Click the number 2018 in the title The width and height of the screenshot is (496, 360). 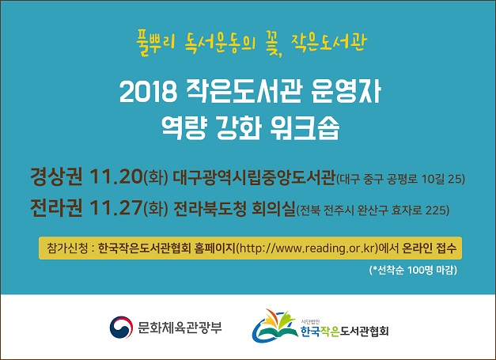[149, 92]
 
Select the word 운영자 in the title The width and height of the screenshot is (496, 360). [346, 92]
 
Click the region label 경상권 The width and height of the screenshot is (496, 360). [56, 176]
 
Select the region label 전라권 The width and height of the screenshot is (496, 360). [56, 207]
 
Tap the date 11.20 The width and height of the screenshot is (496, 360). [116, 176]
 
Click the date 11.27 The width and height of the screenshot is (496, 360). [116, 207]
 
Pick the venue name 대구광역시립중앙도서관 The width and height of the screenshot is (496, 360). [254, 177]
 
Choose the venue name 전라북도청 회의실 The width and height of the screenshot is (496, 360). [234, 208]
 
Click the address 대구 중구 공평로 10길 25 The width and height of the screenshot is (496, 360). [400, 179]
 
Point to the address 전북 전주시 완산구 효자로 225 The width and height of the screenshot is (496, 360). [373, 210]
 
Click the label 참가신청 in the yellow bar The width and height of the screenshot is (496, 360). [67, 248]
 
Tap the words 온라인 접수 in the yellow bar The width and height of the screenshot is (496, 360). [429, 248]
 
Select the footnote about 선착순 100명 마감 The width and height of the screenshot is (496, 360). [413, 270]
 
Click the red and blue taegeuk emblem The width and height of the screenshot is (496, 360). [121, 328]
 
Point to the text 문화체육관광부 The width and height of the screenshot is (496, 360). [180, 328]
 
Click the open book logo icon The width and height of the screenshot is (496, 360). [275, 326]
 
